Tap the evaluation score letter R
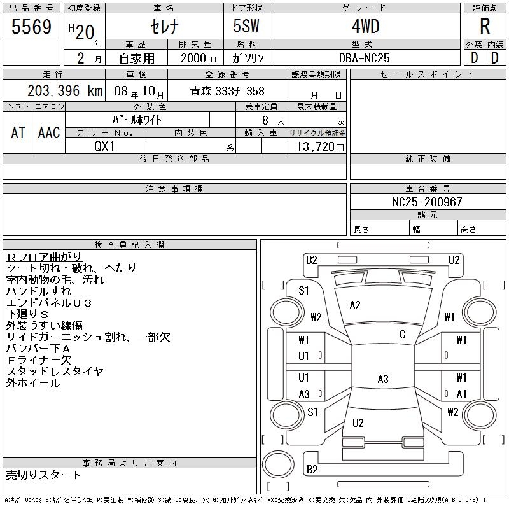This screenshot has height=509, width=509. click(485, 27)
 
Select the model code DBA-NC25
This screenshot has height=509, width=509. click(364, 58)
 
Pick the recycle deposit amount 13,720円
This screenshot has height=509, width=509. click(317, 146)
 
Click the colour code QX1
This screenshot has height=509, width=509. click(105, 146)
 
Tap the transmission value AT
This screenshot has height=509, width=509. click(18, 132)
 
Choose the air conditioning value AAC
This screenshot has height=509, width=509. click(49, 132)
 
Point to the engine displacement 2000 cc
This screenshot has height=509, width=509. click(191, 58)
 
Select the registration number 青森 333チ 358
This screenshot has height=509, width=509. click(227, 91)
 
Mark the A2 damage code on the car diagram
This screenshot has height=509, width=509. click(355, 305)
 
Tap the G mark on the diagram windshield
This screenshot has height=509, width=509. click(402, 335)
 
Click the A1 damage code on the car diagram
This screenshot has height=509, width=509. click(461, 394)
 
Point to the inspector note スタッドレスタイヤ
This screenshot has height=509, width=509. click(55, 371)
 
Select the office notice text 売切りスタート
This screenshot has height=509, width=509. click(43, 475)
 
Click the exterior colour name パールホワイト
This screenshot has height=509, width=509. click(137, 120)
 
